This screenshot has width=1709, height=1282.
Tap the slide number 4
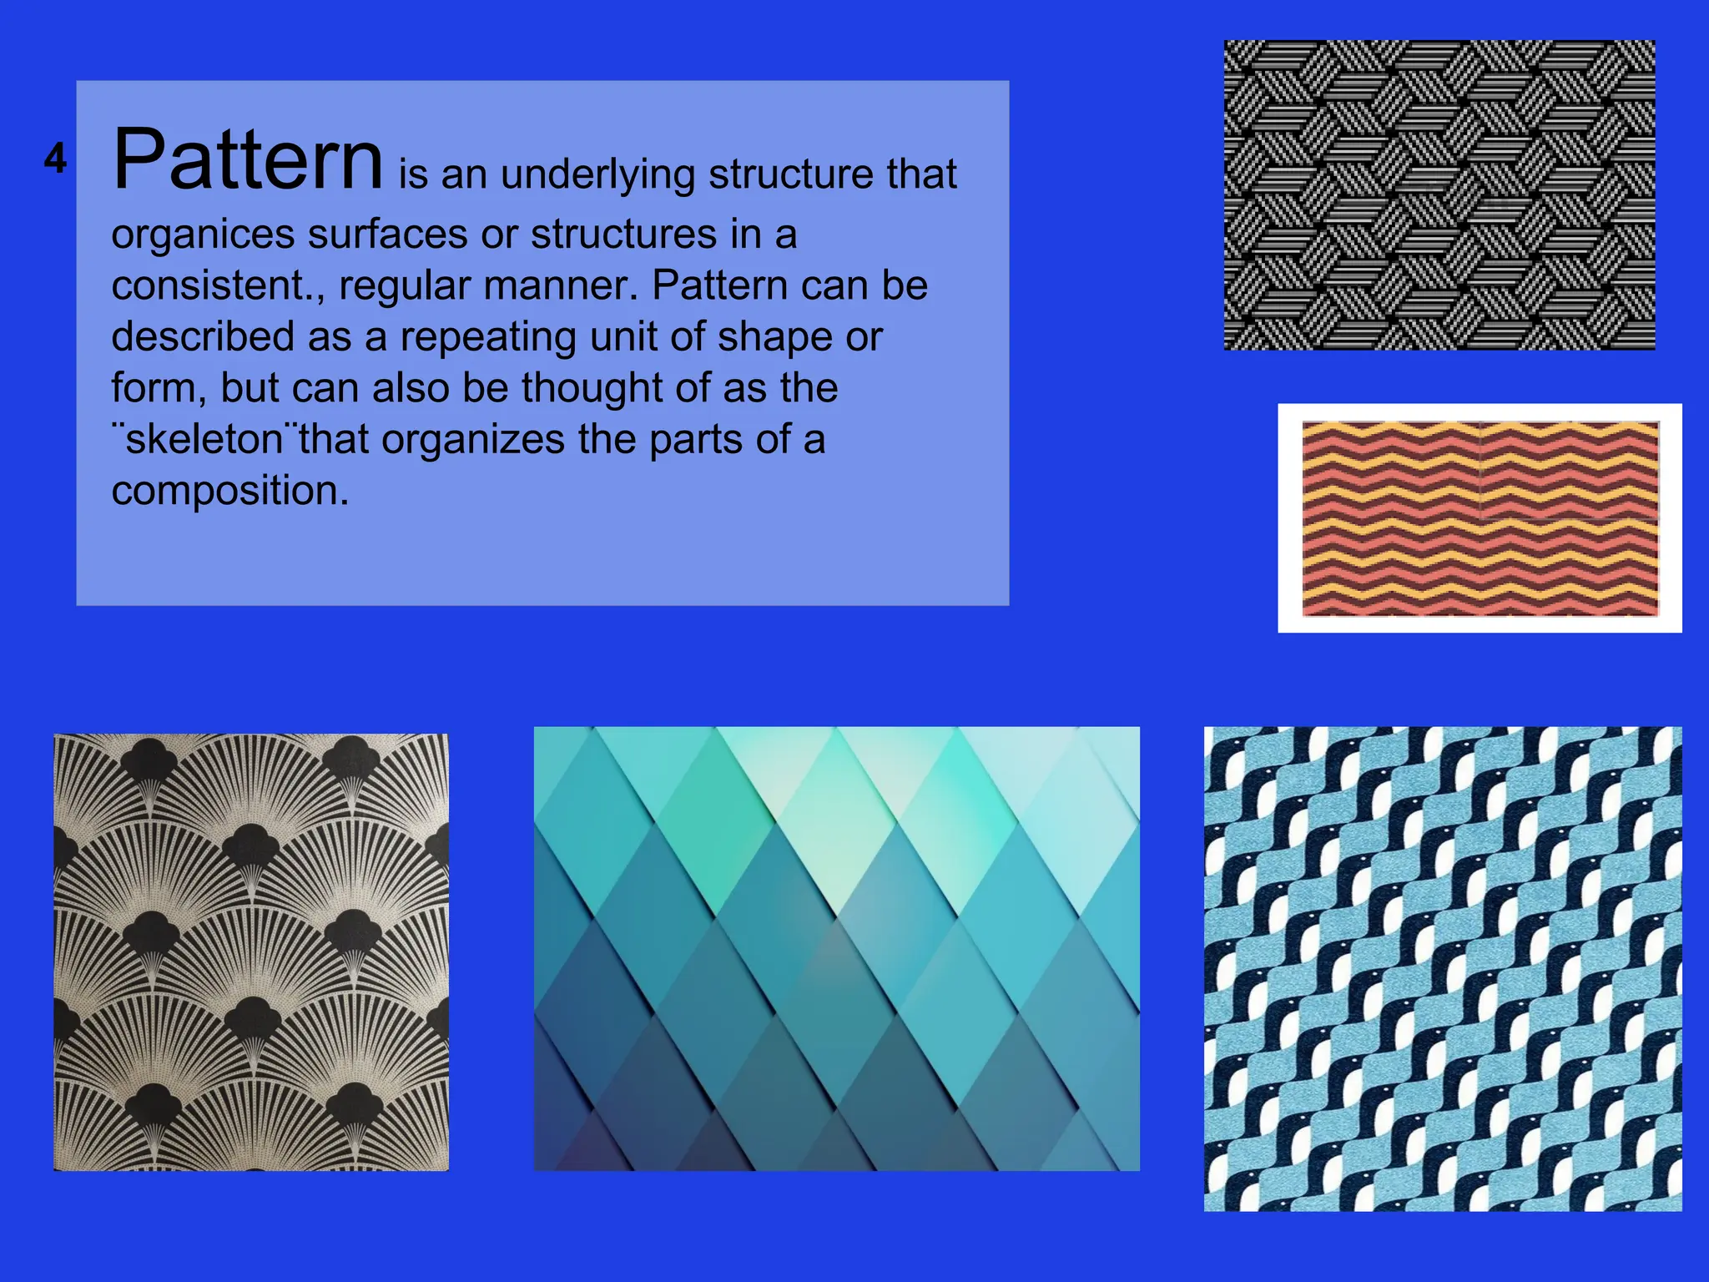click(55, 159)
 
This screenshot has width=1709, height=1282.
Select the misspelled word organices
click(202, 235)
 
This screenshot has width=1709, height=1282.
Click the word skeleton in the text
click(204, 440)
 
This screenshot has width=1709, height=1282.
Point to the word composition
click(229, 491)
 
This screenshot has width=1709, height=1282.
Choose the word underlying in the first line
click(597, 175)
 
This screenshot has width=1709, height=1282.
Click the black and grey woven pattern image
click(1439, 194)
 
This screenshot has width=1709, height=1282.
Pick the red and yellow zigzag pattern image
click(1480, 518)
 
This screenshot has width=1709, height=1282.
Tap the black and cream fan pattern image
click(251, 952)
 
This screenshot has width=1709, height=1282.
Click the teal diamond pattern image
click(836, 948)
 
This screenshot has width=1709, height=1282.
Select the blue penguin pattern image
click(1442, 968)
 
